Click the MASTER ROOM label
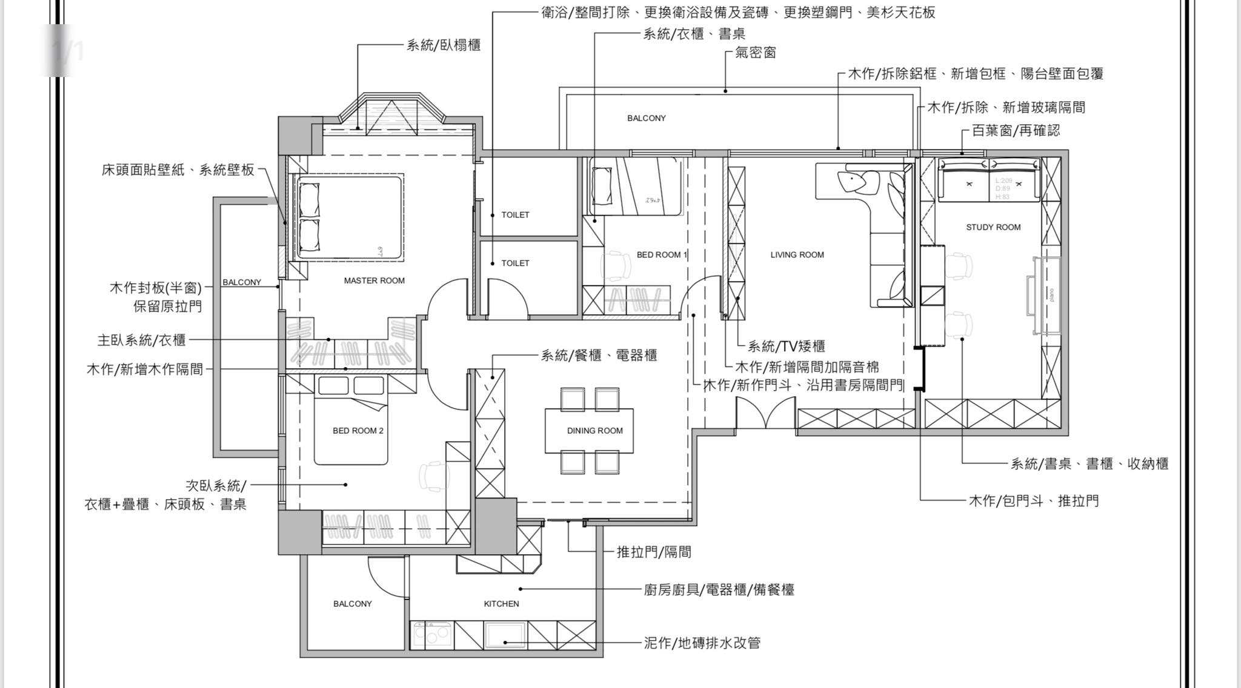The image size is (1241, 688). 374,280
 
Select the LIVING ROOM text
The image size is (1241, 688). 797,255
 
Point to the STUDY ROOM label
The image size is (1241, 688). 993,227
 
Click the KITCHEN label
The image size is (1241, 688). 501,604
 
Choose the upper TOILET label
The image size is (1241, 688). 515,215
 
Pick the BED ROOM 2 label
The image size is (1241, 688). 358,431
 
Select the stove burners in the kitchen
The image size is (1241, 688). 432,635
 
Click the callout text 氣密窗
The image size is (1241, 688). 755,53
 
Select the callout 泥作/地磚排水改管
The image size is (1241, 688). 702,643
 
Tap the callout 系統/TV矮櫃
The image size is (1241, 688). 786,346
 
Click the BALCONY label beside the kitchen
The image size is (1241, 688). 352,604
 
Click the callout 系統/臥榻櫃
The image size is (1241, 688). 444,45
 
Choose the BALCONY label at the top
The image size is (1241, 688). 646,118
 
